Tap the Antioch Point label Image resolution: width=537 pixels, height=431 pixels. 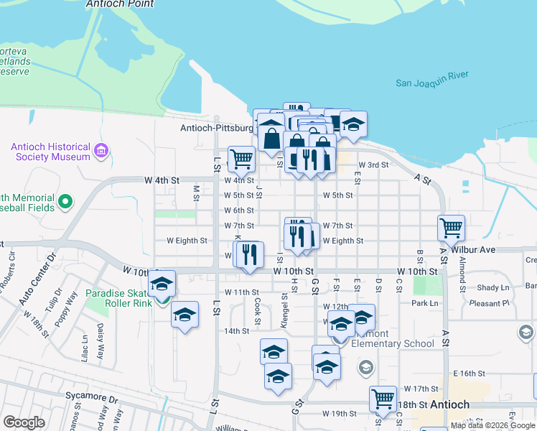pyautogui.click(x=119, y=4)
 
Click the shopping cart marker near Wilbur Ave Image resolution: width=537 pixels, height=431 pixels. pyautogui.click(x=451, y=228)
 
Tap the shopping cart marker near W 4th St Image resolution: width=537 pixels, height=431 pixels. pyautogui.click(x=241, y=159)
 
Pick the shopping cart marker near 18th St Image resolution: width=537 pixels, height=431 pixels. pyautogui.click(x=383, y=398)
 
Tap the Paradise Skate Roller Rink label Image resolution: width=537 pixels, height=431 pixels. pyautogui.click(x=120, y=297)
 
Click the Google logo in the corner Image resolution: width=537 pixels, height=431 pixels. pyautogui.click(x=24, y=422)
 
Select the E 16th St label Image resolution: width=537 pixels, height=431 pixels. pyautogui.click(x=470, y=374)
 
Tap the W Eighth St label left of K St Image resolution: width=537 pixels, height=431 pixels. pyautogui.click(x=187, y=241)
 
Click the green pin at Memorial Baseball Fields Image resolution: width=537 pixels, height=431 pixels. pyautogui.click(x=66, y=202)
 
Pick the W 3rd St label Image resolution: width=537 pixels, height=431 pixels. pyautogui.click(x=373, y=165)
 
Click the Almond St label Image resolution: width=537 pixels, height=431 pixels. pyautogui.click(x=462, y=267)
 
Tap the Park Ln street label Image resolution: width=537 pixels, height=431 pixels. pyautogui.click(x=424, y=303)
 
